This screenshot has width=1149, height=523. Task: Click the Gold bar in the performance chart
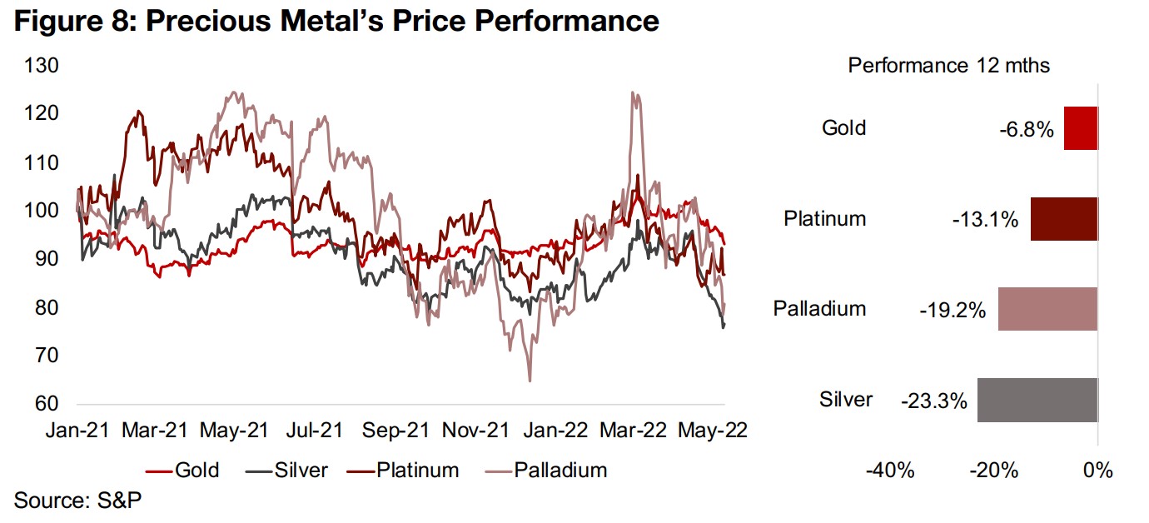[1081, 128]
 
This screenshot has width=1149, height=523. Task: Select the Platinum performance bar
[1064, 219]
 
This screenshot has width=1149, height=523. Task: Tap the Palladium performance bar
[1048, 309]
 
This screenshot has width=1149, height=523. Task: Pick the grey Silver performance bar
[1037, 400]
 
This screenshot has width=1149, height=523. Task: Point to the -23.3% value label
[933, 401]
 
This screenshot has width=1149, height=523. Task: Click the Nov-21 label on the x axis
[476, 431]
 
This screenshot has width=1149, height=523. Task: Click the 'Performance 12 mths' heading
[949, 66]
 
